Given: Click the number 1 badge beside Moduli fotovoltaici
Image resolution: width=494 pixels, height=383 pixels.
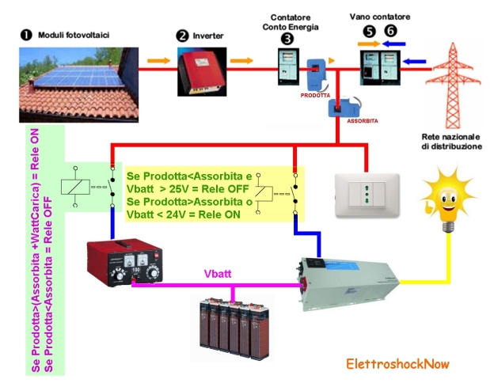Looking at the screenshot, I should point(25,36).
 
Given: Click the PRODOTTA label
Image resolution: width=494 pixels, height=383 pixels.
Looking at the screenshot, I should point(314,93).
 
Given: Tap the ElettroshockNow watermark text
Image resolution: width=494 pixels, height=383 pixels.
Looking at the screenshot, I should point(397,364).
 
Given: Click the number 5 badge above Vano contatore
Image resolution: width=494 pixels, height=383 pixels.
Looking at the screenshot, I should point(368,32).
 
